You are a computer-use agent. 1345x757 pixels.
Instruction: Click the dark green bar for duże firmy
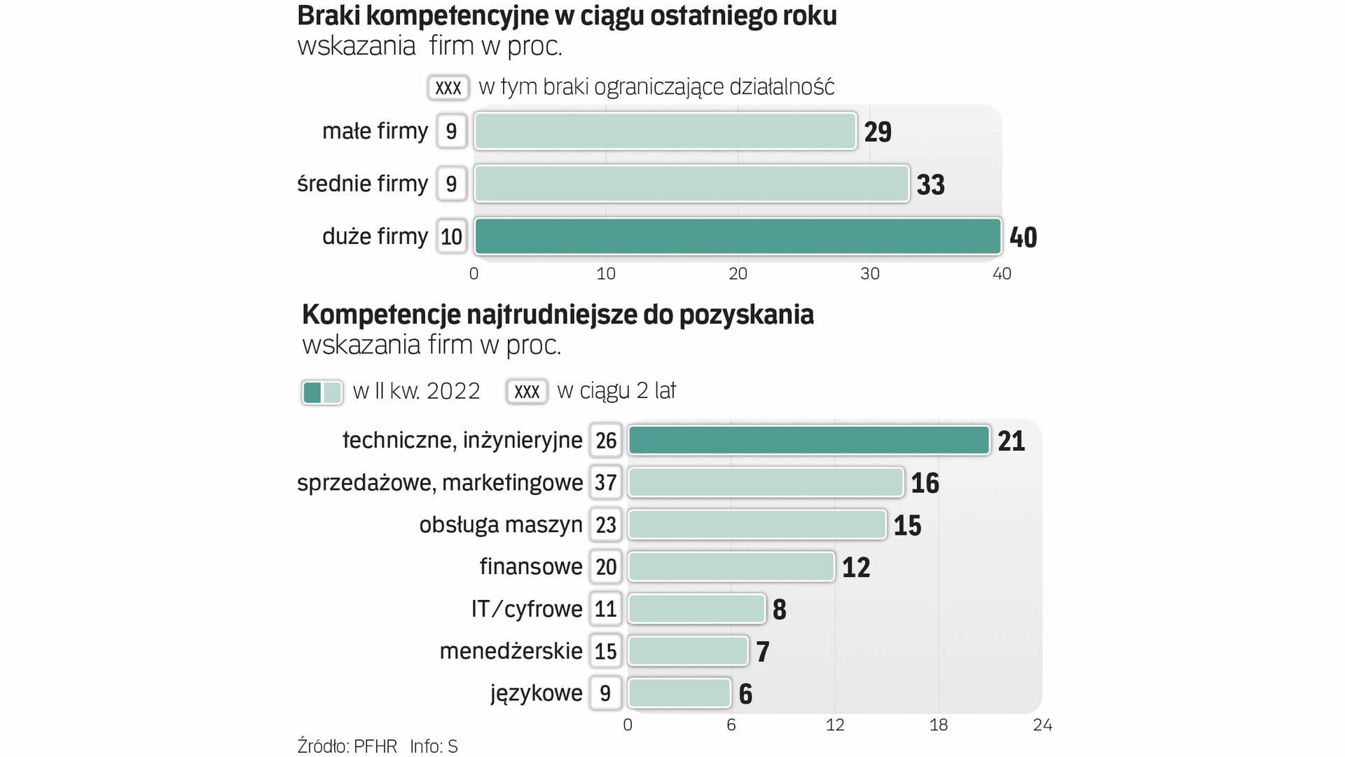pos(738,236)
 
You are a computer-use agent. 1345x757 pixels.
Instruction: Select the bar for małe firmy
pos(665,131)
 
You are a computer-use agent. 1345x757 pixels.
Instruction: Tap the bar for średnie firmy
pos(691,184)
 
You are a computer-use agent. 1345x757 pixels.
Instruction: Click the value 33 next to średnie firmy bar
pos(930,185)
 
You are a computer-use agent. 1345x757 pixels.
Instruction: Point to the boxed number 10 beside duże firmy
pos(451,237)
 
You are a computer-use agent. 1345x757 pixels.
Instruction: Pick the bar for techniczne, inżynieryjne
pos(808,440)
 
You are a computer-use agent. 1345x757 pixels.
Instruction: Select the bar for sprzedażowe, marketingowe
pos(766,482)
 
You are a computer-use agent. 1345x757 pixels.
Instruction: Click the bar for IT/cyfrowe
pos(696,609)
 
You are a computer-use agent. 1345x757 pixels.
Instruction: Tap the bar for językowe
pos(680,693)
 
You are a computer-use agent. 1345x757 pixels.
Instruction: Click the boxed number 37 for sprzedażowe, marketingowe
pos(605,482)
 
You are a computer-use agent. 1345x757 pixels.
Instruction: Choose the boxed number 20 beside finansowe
pos(605,567)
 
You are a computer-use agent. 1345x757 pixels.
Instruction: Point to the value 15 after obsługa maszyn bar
pos(907,526)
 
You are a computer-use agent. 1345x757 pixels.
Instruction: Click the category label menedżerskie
pos(511,651)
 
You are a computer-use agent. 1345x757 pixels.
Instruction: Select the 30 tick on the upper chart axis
pos(869,274)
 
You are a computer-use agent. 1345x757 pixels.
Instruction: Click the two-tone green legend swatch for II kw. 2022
pos(322,392)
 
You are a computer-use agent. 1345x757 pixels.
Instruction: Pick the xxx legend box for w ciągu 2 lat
pos(527,392)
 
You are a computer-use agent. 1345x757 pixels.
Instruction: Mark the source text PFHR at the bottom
pos(375,746)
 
